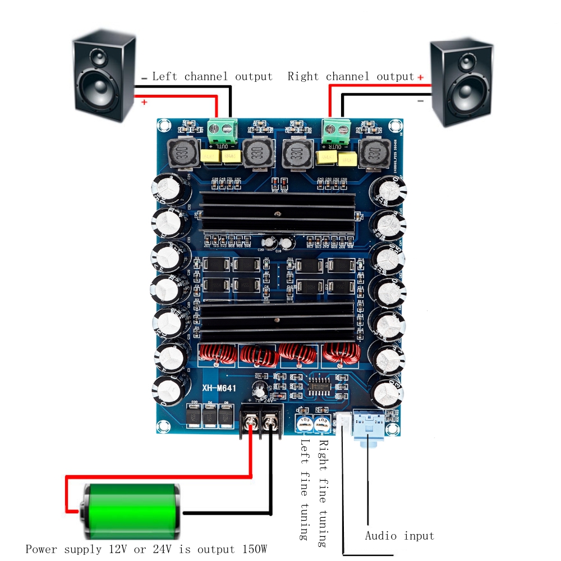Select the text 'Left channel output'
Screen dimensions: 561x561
212,77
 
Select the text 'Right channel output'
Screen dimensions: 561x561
351,77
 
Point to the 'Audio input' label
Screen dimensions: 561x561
399,536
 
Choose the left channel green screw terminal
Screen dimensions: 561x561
220,130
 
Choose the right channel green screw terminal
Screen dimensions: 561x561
337,130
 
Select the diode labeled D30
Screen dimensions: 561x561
194,416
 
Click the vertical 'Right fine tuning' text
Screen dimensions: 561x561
323,494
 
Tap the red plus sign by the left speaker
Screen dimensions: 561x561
144,102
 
